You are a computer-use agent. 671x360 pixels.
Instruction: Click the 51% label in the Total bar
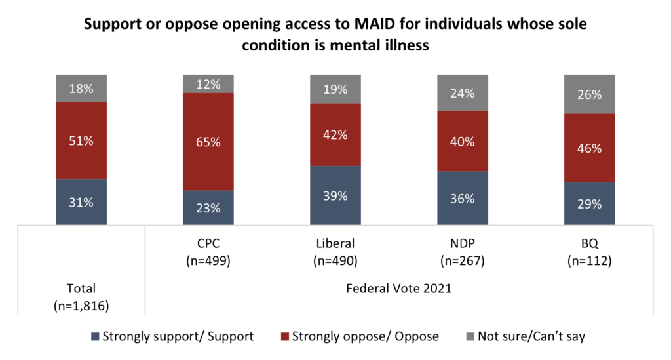[x=82, y=140]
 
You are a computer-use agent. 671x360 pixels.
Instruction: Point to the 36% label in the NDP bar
[x=463, y=198]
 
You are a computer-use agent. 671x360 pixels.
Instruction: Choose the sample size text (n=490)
[x=335, y=261]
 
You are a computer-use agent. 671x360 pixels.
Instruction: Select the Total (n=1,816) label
[x=81, y=296]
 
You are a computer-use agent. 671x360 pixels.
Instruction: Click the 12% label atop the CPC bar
[x=208, y=84]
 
